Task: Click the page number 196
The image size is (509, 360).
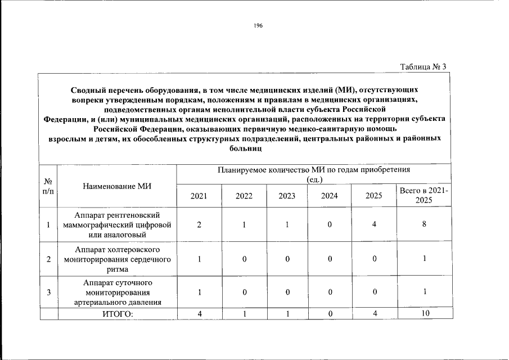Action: (258, 26)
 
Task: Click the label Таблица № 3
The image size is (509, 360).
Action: (423, 67)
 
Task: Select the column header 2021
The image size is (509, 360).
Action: (199, 196)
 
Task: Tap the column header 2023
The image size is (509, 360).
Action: (286, 196)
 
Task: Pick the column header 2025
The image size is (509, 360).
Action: (373, 196)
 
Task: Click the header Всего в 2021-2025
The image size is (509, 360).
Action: (424, 196)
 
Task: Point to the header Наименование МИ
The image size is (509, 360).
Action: (117, 186)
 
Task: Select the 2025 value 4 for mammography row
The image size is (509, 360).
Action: (373, 224)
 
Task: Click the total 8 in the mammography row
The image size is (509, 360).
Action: (424, 224)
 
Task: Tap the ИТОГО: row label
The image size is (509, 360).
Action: (117, 314)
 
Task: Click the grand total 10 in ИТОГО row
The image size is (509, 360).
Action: (424, 314)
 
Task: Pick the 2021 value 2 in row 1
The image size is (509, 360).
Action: (199, 224)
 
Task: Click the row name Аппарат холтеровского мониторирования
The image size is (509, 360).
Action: (117, 259)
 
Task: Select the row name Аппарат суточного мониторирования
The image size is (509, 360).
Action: (117, 292)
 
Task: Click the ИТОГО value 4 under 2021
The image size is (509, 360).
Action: (199, 314)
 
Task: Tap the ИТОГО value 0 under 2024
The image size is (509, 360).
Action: (330, 314)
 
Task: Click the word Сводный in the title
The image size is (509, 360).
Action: (91, 90)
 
